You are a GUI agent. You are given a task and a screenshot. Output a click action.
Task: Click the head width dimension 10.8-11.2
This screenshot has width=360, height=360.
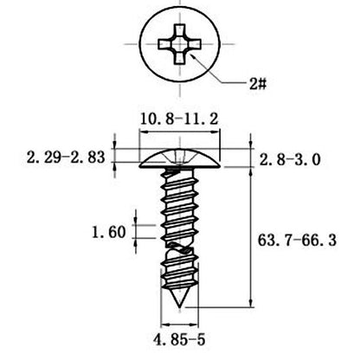179,119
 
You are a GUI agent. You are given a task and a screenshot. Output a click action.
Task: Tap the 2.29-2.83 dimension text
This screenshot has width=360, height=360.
66,157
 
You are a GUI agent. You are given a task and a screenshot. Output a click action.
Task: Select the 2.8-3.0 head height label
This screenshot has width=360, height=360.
290,159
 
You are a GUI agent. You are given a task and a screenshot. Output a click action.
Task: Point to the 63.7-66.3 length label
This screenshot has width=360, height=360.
297,241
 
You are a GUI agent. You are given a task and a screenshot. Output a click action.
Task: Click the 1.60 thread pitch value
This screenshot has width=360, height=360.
109,232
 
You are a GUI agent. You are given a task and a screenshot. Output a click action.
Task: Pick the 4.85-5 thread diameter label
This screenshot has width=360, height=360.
179,339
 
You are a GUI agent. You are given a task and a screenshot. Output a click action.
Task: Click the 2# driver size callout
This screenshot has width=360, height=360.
258,84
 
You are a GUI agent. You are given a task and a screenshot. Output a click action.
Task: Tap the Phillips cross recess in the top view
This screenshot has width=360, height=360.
179,44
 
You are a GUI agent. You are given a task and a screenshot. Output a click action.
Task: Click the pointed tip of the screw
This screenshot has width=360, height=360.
180,307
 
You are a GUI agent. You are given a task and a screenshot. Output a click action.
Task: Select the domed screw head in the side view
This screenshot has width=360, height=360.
179,158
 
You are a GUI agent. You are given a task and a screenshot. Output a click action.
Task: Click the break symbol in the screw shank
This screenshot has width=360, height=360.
179,248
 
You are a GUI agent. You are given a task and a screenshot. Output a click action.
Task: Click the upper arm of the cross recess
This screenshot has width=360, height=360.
179,31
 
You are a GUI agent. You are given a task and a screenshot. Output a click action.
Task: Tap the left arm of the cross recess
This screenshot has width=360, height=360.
165,44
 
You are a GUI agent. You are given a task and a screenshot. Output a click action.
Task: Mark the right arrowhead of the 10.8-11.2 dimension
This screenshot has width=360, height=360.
215,132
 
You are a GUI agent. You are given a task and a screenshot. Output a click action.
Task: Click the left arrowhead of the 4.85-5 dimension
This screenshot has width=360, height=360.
165,325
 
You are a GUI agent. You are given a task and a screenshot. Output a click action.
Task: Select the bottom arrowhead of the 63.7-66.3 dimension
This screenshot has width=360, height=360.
251,303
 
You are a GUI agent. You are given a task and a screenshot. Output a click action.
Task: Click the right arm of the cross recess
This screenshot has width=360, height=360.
194,44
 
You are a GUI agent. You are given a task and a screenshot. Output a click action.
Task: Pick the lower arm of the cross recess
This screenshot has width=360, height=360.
179,58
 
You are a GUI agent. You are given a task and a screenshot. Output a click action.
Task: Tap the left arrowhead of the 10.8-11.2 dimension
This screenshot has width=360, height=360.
144,132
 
